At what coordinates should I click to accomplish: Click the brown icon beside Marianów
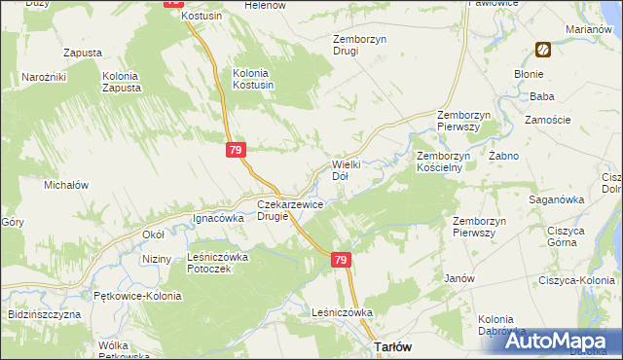(543, 50)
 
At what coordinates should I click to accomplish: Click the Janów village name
(458, 277)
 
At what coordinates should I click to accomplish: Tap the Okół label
(153, 234)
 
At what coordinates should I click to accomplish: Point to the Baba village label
(542, 96)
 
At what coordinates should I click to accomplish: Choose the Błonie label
(530, 73)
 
